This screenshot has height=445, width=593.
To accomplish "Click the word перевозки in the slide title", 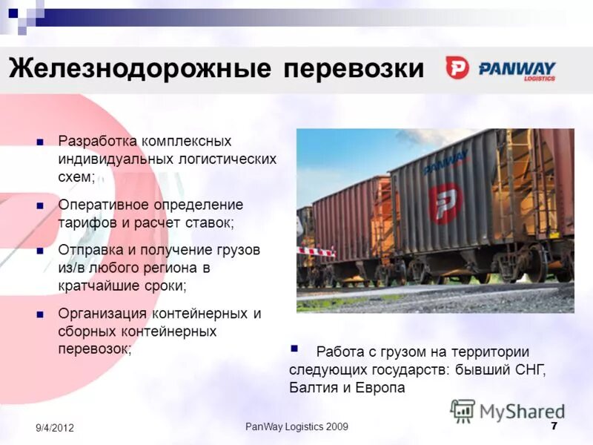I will tap(354, 69).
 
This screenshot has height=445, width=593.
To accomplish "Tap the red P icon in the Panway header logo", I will tap(457, 69).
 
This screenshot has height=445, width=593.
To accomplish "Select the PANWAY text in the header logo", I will tap(517, 68).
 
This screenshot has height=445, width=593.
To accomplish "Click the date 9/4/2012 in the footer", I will tap(54, 429).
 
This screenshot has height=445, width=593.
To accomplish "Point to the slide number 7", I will tap(553, 426).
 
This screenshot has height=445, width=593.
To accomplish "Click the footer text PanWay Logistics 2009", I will tap(296, 426).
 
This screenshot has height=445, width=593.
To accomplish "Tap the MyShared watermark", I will tap(508, 411).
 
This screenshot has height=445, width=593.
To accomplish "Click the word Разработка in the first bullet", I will tap(94, 141).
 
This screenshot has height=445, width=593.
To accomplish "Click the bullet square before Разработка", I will tap(42, 141).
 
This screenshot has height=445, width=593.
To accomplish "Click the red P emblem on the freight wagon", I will tap(445, 203).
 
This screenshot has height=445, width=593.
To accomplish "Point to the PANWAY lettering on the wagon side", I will tap(446, 162).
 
